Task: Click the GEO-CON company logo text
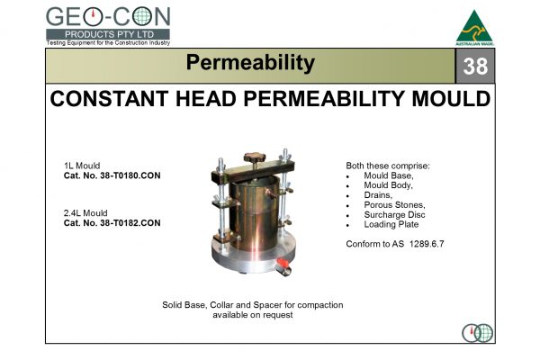point(107,17)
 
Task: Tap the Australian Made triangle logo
point(474,27)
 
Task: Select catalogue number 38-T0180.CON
point(112,175)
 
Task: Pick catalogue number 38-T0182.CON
point(112,222)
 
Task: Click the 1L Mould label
point(82,166)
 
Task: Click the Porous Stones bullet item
point(394,205)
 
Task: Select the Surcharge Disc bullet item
point(397,215)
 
